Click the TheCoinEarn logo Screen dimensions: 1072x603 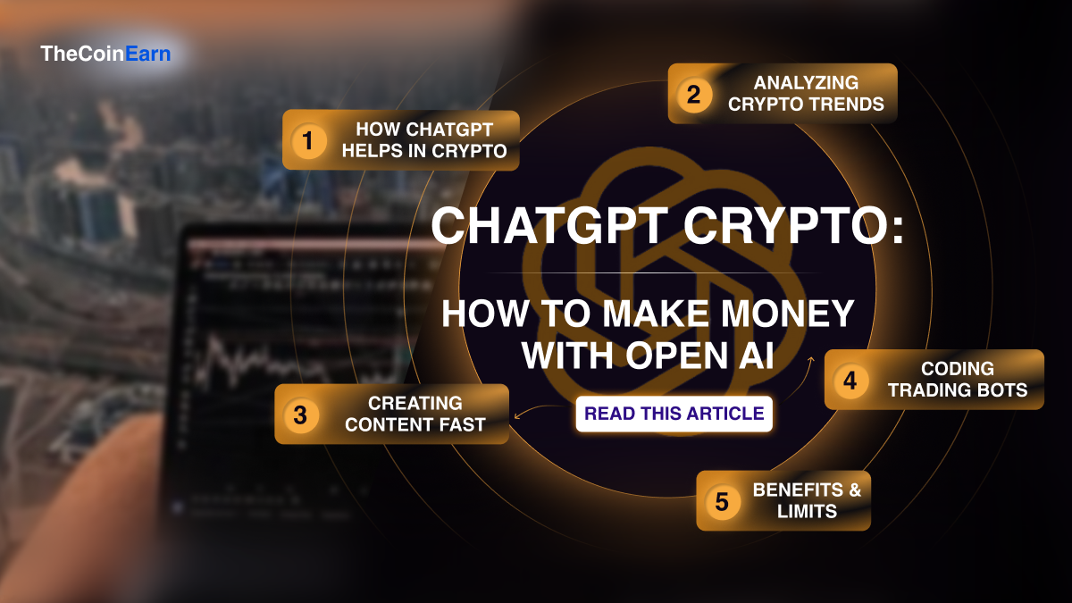pos(105,54)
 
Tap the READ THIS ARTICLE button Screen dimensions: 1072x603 pos(674,414)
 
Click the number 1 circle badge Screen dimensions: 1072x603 pos(308,141)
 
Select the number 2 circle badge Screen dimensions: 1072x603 pos(694,95)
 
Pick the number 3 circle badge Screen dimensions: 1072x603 pos(300,415)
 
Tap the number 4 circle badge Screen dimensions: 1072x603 pos(850,381)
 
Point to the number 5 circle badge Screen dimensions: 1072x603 pos(722,501)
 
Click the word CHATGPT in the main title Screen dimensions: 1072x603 pos(549,225)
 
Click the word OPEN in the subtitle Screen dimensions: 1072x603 pos(676,356)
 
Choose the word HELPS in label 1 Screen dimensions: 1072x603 pos(372,151)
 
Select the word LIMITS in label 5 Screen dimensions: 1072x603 pos(807,512)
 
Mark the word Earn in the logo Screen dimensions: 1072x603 pos(148,54)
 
